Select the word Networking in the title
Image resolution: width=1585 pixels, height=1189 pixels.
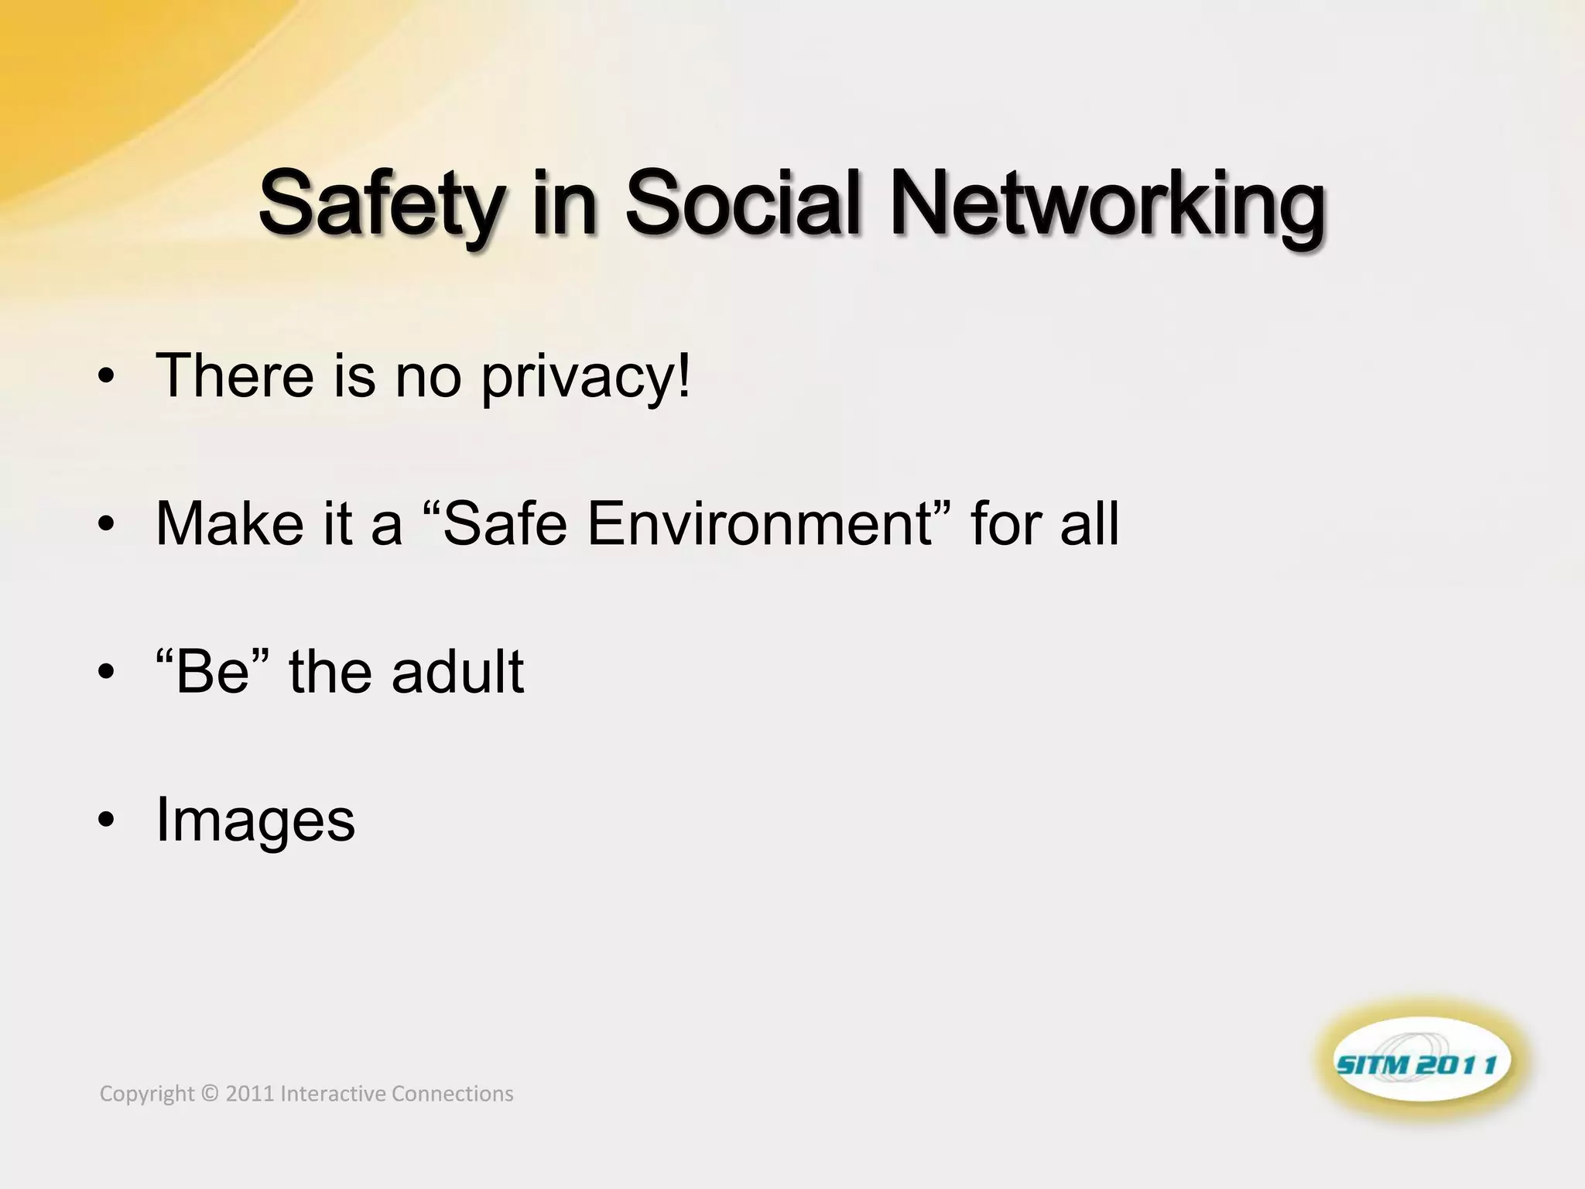(x=1107, y=203)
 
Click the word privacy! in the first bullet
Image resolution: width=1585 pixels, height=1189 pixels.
(x=585, y=377)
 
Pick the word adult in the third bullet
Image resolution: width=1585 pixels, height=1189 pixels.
(x=457, y=671)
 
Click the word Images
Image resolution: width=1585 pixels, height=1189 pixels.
(x=255, y=821)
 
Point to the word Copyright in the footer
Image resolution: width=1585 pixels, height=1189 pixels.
(x=147, y=1094)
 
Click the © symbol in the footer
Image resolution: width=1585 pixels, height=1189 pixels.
(x=209, y=1094)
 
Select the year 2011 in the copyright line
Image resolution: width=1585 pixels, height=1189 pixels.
(x=249, y=1094)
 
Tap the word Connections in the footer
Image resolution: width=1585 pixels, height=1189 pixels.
(x=453, y=1094)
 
